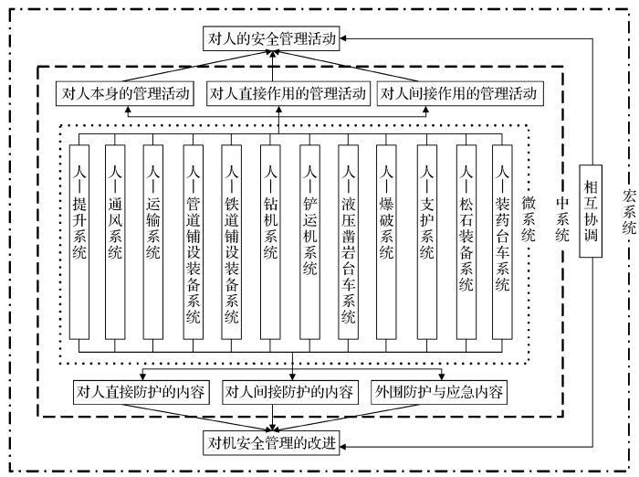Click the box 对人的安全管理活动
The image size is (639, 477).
pos(271,39)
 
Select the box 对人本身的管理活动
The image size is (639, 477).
pos(127,93)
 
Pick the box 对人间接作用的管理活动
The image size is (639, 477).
pos(456,93)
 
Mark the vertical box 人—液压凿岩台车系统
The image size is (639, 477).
pos(349,242)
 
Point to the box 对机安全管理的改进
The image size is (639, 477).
pos(271,444)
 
